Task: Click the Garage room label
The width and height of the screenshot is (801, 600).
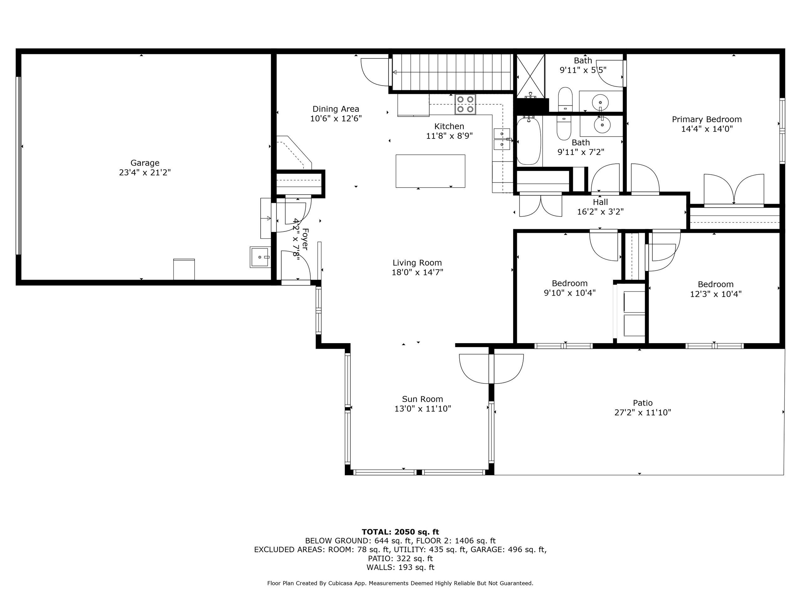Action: [145, 163]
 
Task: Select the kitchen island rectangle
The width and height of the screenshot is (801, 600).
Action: [430, 171]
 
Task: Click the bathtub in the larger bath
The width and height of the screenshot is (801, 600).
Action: [528, 141]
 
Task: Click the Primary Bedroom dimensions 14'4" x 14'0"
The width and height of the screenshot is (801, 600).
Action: [707, 129]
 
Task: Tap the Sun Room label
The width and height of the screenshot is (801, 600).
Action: [422, 399]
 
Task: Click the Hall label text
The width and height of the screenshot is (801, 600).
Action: [600, 202]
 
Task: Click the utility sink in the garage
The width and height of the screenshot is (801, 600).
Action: [260, 257]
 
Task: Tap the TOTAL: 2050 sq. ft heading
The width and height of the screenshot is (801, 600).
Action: [400, 532]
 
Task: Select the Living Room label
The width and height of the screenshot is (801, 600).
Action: [417, 263]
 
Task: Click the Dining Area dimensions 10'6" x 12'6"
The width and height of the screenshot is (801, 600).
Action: [336, 119]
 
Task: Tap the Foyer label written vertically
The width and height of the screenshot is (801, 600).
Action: [305, 239]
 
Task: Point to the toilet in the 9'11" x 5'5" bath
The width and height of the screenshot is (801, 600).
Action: [565, 99]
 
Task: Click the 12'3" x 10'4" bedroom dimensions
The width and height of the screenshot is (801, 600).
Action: [716, 294]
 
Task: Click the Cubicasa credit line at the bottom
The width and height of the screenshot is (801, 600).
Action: [400, 583]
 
